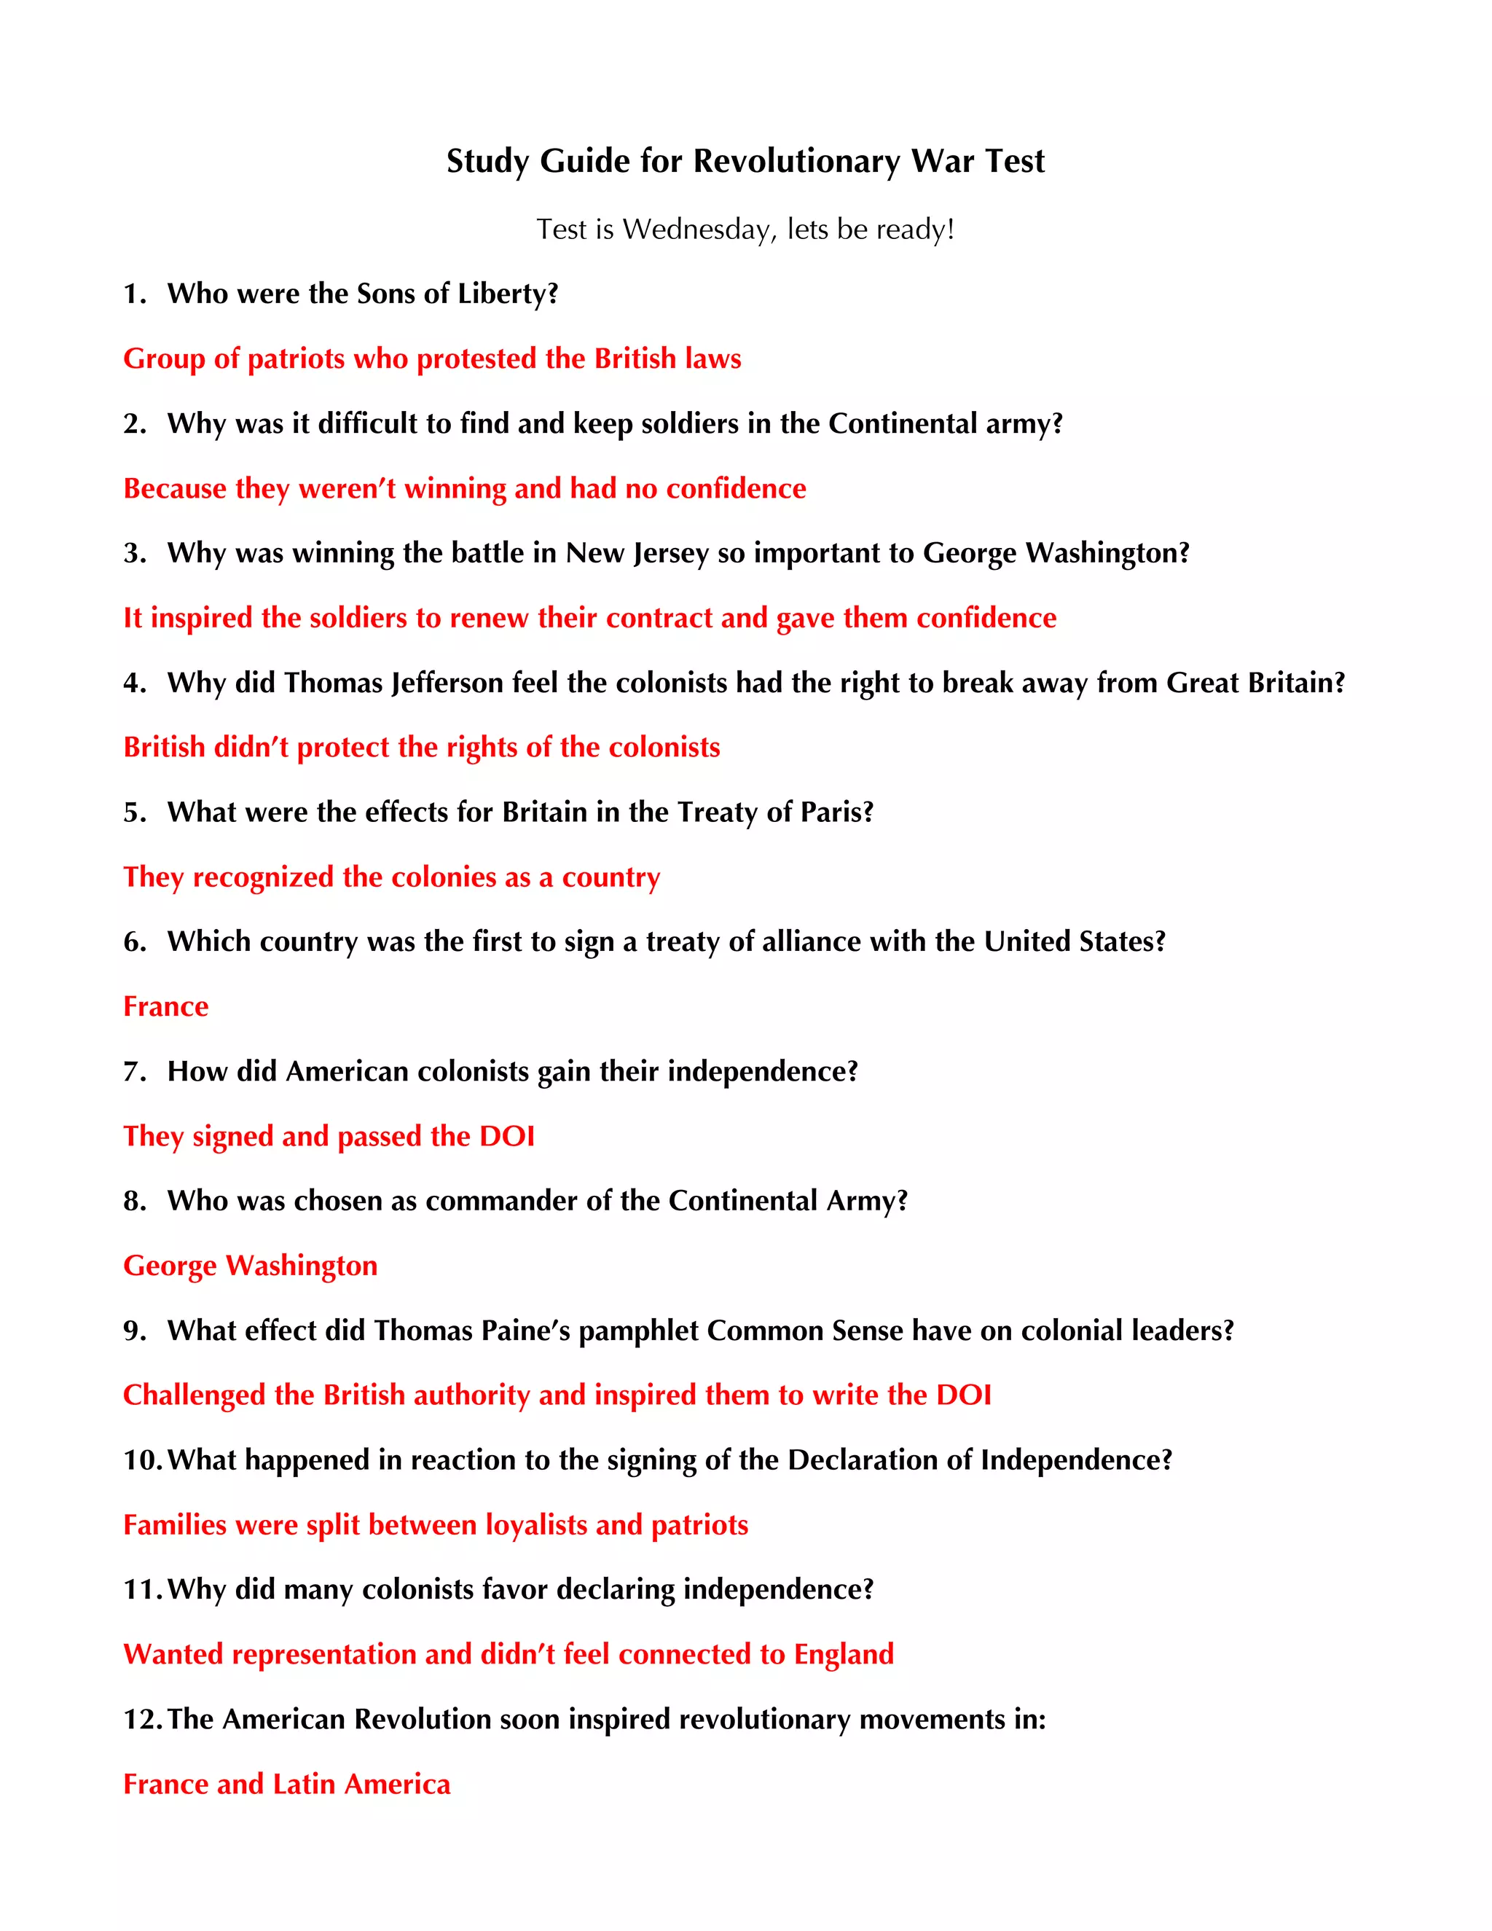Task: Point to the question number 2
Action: point(134,423)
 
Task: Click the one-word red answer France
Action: point(165,1006)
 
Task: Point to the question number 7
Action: point(134,1072)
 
